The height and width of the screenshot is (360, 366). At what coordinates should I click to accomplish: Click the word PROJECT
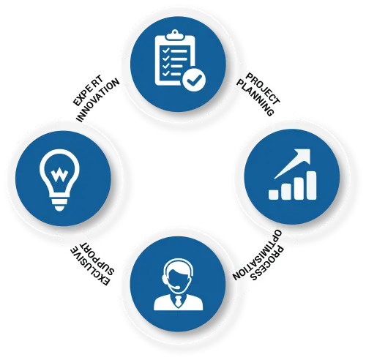(263, 89)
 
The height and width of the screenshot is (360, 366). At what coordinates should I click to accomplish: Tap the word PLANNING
(255, 98)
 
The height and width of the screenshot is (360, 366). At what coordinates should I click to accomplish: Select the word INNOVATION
(98, 100)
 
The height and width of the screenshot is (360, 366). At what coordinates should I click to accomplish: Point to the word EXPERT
(89, 91)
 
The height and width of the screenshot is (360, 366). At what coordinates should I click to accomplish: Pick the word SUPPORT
(97, 258)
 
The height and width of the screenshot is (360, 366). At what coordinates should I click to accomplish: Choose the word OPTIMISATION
(257, 255)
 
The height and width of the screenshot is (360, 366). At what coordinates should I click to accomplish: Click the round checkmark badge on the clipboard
(194, 80)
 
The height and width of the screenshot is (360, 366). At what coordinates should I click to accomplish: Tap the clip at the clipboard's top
(175, 35)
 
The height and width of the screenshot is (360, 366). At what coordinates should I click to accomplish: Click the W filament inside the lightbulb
(59, 174)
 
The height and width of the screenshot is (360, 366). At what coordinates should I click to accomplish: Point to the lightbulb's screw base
(59, 204)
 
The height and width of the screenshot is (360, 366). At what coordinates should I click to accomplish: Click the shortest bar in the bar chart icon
(274, 195)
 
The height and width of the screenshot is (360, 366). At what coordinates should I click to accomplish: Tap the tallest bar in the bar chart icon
(311, 185)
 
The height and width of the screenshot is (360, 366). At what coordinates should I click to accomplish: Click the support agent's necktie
(178, 301)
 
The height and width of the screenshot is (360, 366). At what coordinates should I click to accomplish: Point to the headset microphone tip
(178, 288)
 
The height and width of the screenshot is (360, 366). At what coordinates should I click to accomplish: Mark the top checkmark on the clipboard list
(166, 50)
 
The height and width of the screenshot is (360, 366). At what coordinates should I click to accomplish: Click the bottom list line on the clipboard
(176, 74)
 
